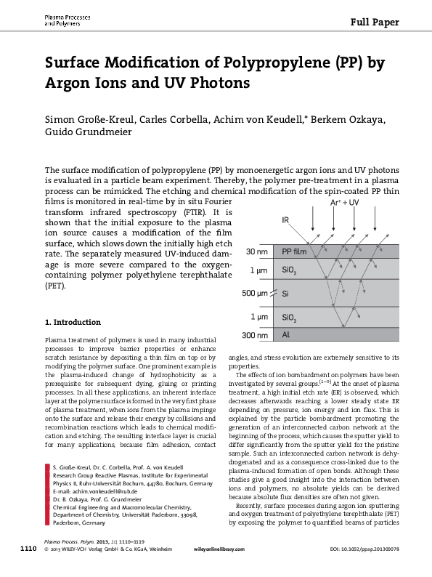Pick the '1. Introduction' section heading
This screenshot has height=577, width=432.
coord(73,322)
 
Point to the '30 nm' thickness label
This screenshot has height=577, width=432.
coord(256,252)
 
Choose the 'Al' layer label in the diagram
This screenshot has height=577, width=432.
coord(286,335)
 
